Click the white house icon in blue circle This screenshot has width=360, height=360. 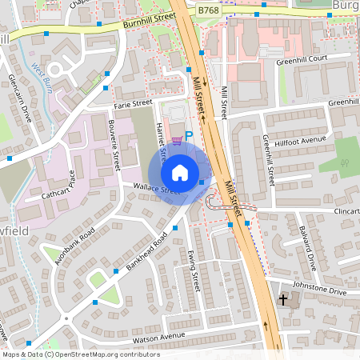point(180,173)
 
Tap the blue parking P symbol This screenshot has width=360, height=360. point(190,137)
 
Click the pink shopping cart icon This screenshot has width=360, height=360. point(177,140)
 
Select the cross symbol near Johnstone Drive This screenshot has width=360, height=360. point(282,300)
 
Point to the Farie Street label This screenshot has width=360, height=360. point(133,104)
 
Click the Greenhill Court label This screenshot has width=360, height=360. point(302,60)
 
